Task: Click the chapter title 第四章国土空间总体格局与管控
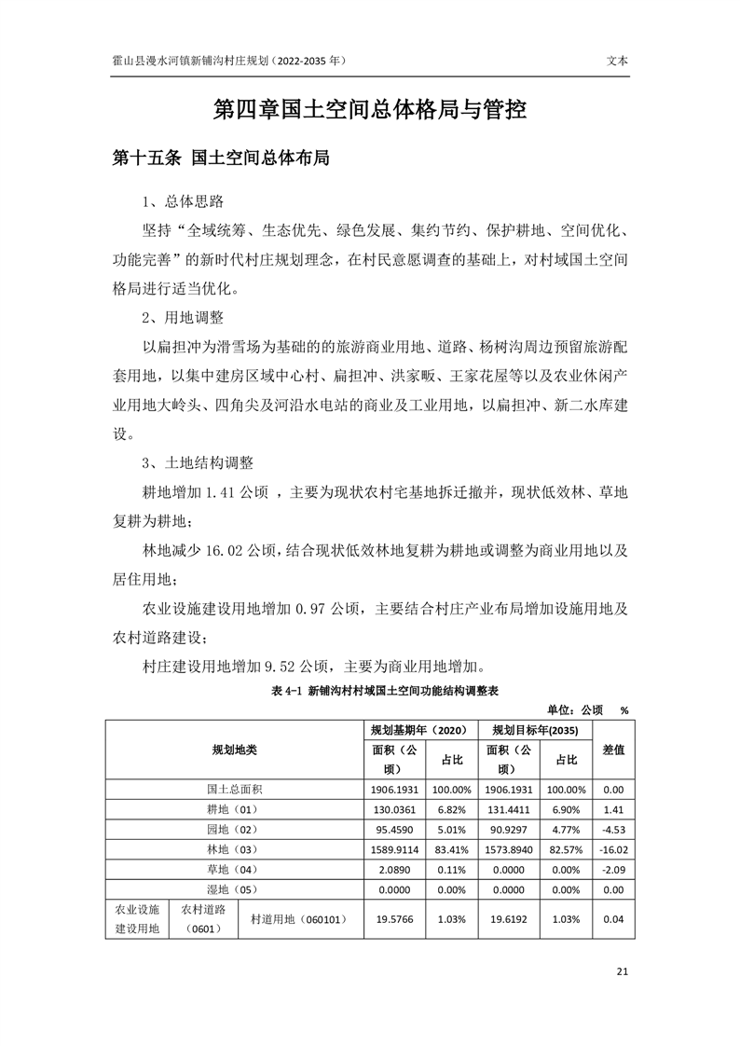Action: (x=370, y=111)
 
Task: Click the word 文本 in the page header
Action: (x=617, y=59)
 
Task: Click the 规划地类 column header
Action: (x=234, y=750)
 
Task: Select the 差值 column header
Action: (x=613, y=750)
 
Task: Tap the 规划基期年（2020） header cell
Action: (x=418, y=729)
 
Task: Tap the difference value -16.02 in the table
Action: (x=613, y=849)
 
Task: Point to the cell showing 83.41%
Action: (x=451, y=849)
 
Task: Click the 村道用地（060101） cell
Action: (x=299, y=919)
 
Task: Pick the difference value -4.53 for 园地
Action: (x=613, y=829)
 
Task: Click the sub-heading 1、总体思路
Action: (x=183, y=201)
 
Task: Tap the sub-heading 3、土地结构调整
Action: (x=198, y=462)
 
